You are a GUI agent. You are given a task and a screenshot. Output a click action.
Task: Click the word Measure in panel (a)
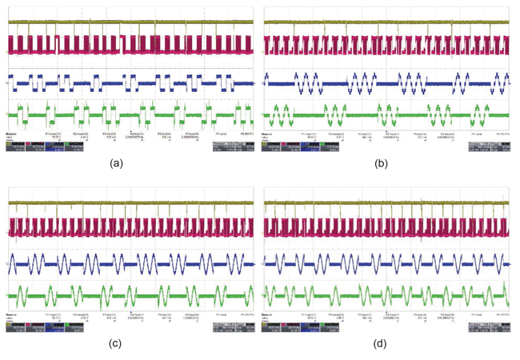click(x=12, y=134)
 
